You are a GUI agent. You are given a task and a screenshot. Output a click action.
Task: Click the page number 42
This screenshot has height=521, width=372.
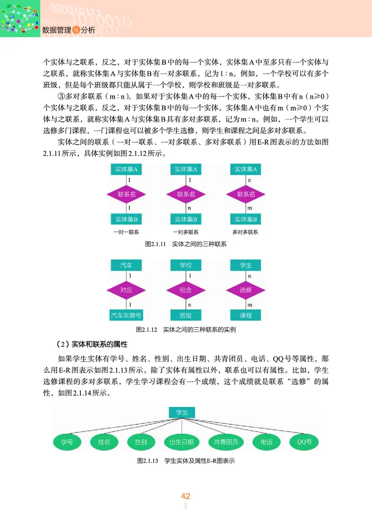186,496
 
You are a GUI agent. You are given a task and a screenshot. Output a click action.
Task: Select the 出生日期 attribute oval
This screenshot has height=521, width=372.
181,442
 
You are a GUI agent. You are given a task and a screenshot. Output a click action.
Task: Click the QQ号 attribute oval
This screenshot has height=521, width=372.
304,442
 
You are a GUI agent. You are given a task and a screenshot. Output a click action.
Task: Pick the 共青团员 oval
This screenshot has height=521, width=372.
226,442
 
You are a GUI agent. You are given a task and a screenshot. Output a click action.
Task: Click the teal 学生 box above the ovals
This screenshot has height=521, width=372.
181,412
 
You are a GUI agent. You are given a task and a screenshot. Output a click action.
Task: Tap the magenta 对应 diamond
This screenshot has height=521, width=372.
126,290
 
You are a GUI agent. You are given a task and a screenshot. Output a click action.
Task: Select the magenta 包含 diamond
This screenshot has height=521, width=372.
186,290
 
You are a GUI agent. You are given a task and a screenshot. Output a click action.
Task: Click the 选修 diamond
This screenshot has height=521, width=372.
246,290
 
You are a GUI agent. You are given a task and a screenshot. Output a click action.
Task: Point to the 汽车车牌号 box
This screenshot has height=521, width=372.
126,315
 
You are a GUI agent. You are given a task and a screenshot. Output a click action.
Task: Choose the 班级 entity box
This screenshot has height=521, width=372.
186,315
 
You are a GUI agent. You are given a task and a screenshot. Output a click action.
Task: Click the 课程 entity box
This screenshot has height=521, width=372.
246,315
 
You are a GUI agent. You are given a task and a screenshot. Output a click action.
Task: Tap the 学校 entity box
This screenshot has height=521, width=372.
186,265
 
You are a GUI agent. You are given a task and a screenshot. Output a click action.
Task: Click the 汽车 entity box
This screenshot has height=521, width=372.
126,265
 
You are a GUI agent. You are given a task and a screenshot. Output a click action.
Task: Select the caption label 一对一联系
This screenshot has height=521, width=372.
126,232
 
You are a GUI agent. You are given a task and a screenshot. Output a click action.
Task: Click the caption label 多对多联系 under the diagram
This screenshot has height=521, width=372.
246,232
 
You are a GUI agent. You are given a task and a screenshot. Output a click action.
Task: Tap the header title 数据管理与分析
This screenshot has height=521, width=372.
68,30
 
